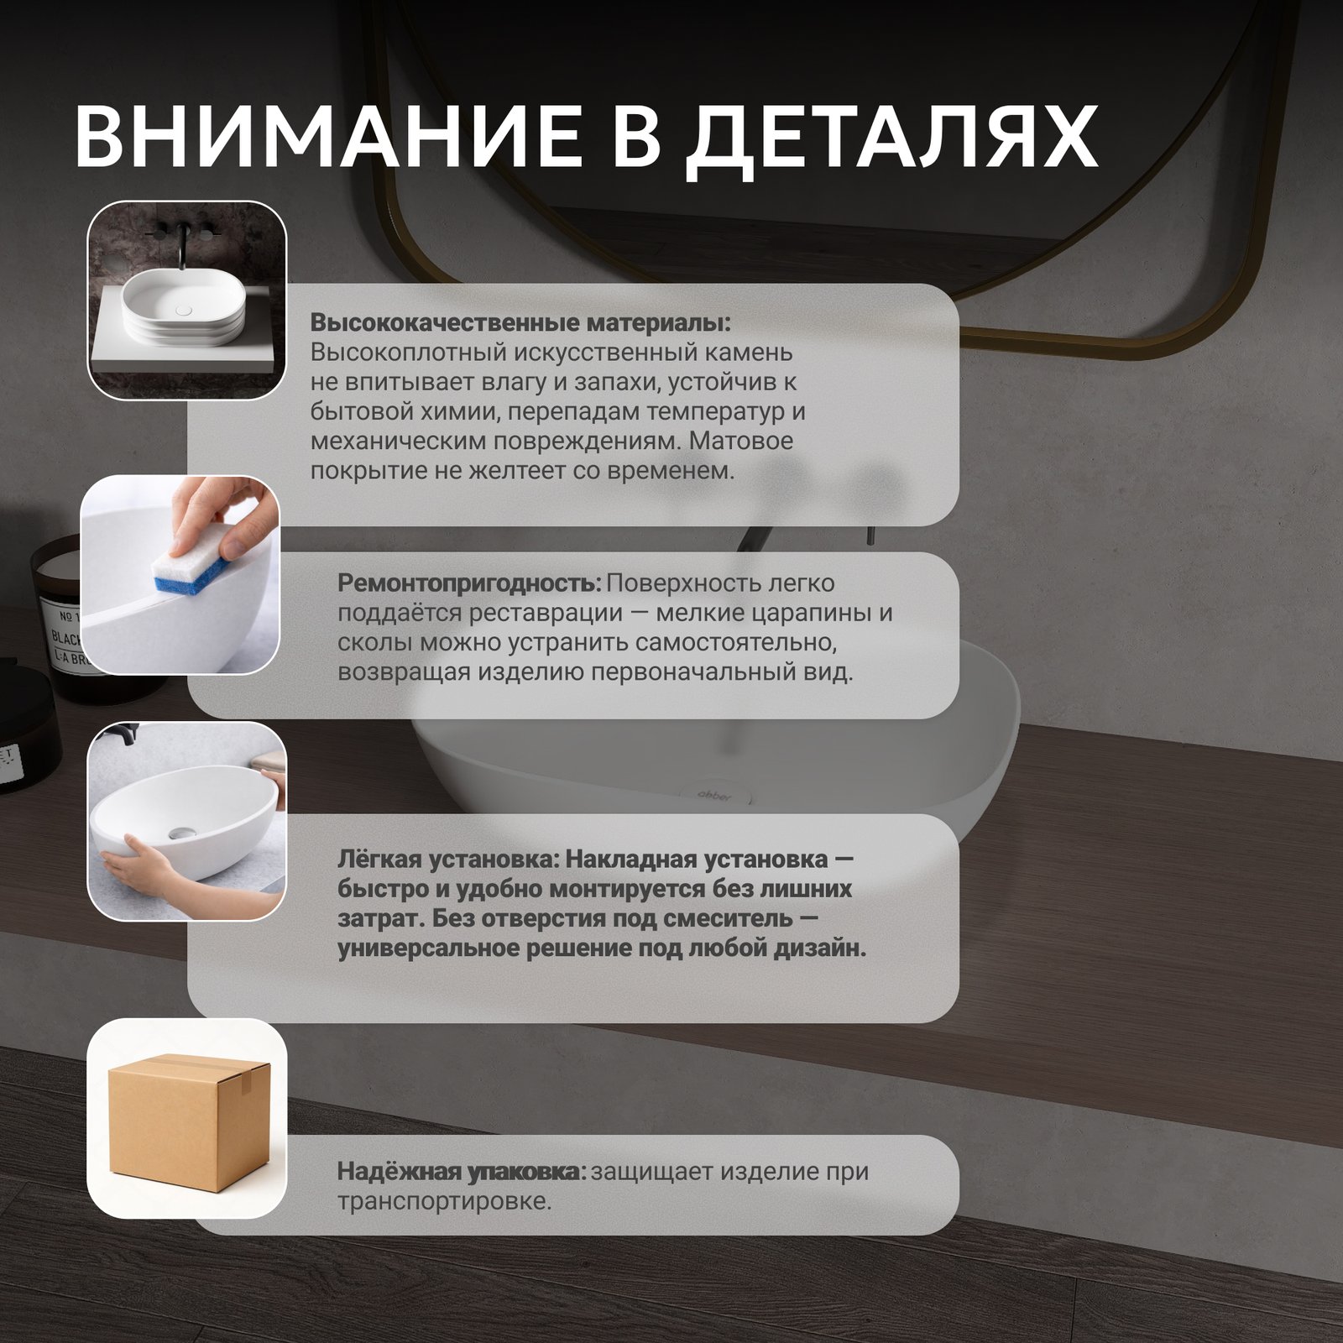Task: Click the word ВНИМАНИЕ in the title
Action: [328, 137]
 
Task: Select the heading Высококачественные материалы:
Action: [520, 323]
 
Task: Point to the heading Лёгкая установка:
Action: [448, 860]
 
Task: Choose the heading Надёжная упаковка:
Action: [462, 1171]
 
